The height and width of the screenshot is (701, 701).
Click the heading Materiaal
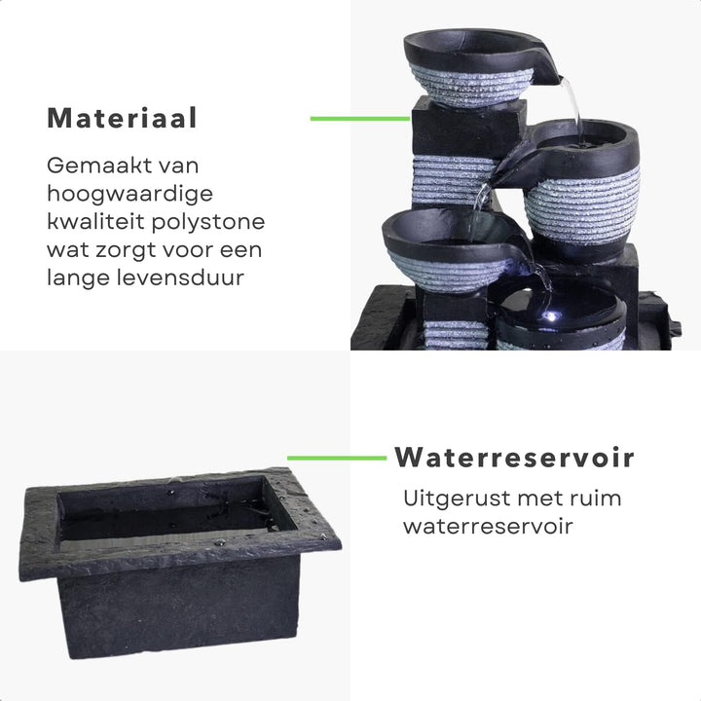[x=122, y=118]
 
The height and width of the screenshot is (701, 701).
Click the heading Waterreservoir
[x=515, y=458]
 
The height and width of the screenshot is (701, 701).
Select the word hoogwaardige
[x=129, y=194]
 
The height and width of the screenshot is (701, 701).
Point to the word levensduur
[x=181, y=277]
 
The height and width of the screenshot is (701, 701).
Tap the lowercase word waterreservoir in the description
[x=488, y=526]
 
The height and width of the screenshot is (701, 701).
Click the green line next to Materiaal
[x=360, y=119]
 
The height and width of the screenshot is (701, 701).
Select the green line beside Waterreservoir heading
[x=337, y=458]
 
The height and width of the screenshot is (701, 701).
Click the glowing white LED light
[x=551, y=316]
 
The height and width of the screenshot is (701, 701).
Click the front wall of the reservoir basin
[x=179, y=608]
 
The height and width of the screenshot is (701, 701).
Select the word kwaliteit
[x=95, y=222]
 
